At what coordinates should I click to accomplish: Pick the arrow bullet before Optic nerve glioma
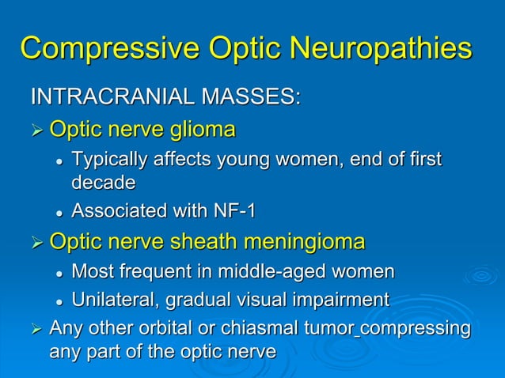(36, 129)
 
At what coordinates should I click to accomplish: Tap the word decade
(104, 183)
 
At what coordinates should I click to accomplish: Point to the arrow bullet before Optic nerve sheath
(36, 242)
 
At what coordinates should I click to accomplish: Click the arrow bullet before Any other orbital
(36, 329)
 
